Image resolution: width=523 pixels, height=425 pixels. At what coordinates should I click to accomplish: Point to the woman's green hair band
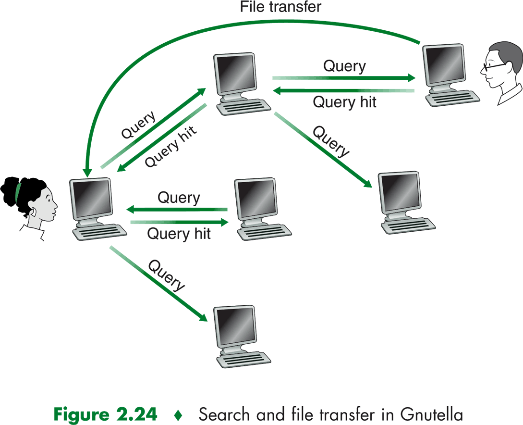tap(18, 190)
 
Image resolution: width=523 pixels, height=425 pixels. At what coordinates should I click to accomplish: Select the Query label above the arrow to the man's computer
tap(344, 66)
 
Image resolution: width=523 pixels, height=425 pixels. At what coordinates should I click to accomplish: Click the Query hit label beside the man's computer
tap(344, 102)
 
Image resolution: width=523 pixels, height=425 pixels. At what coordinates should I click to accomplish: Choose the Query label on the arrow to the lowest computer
tap(166, 275)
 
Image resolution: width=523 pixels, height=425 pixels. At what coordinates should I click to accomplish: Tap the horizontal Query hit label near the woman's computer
tap(179, 234)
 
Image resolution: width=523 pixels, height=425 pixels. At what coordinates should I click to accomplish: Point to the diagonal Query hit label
tap(170, 147)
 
